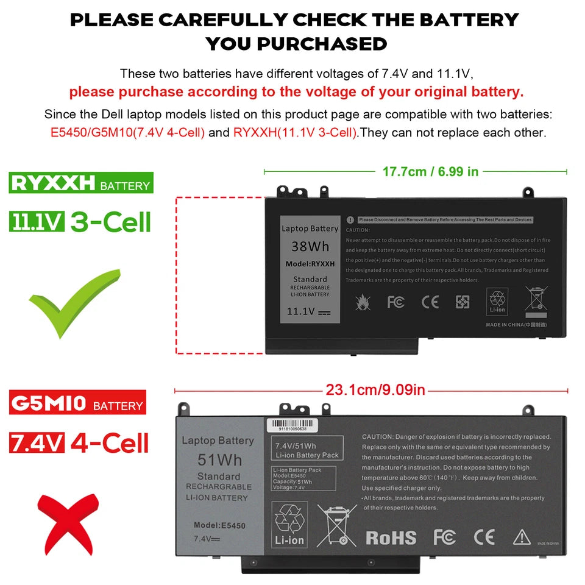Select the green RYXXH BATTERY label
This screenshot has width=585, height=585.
coord(81,183)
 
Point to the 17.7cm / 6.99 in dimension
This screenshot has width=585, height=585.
coord(430,172)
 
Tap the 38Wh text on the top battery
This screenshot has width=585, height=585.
coord(310,246)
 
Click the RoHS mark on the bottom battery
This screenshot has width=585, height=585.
coord(391,537)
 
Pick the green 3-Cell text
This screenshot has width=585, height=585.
coord(110,222)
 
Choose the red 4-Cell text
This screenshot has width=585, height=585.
coord(110,442)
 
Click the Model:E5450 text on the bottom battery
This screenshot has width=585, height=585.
coord(219,525)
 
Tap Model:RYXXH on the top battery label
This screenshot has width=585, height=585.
coord(310,264)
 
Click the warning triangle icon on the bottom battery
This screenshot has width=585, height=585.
coord(522,537)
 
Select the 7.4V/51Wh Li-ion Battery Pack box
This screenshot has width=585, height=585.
coord(308,450)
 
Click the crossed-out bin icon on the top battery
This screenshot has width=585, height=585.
coord(536,301)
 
